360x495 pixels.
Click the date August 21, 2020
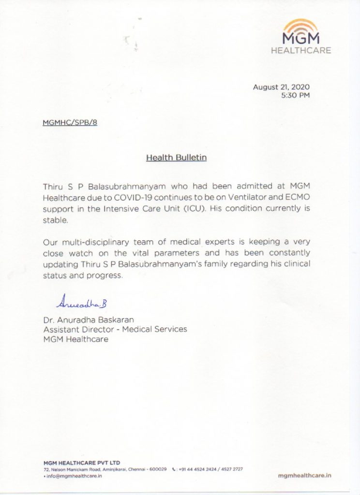click(281, 87)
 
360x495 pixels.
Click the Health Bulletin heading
click(176, 158)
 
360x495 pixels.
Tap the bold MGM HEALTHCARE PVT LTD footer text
click(82, 463)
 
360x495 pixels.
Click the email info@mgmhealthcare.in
click(73, 476)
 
